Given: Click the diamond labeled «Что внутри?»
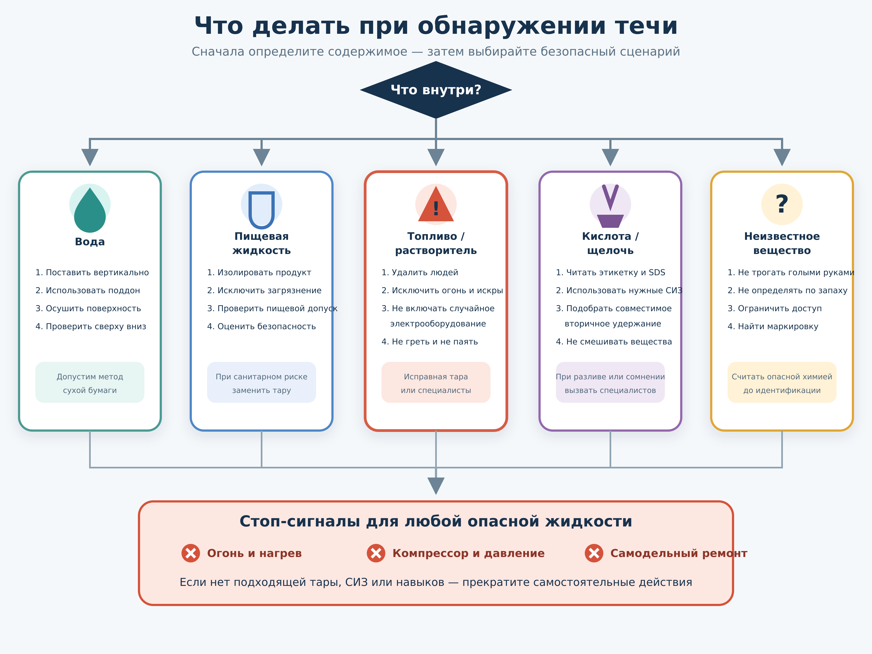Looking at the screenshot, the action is (x=436, y=90).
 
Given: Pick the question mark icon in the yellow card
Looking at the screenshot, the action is (x=782, y=204).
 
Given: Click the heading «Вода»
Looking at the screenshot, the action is (x=90, y=242).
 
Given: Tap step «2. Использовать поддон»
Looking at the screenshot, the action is (x=87, y=290).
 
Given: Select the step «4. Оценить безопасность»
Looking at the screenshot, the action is (x=261, y=326).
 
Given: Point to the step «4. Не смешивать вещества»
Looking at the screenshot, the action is (x=614, y=342).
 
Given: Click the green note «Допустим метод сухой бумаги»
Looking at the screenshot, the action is (x=90, y=382).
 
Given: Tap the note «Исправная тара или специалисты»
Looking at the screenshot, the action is (x=436, y=382).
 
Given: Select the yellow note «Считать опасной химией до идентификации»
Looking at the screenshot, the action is (x=782, y=382).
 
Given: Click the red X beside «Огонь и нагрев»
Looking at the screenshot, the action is (x=191, y=553).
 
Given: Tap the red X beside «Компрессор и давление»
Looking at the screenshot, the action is (x=376, y=553).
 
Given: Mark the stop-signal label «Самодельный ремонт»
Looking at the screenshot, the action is (x=679, y=553).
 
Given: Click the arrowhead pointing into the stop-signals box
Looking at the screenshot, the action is (x=436, y=486).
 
